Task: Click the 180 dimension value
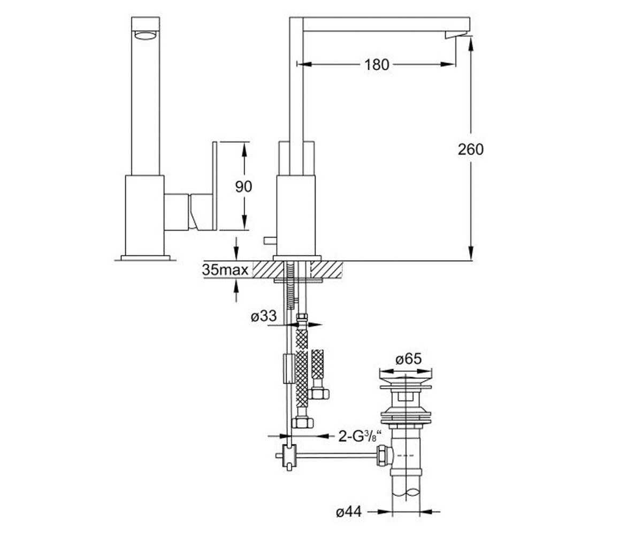coord(377,65)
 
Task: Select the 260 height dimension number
coord(470,149)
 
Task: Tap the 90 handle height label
coord(243,186)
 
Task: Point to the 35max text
coord(225,270)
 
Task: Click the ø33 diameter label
coord(264,316)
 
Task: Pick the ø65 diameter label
coord(409,358)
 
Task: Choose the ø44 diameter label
coord(349,512)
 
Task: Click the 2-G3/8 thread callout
coord(360,436)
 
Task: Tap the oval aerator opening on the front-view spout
coord(146,36)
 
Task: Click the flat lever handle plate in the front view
coord(215,186)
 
